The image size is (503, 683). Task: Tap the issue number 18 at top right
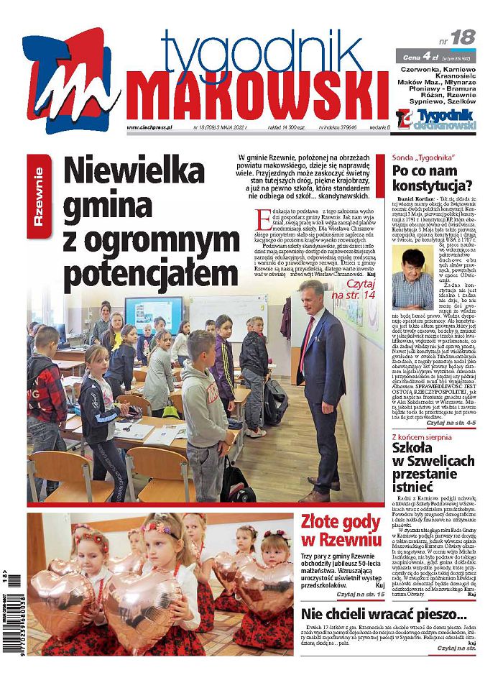tap(463, 37)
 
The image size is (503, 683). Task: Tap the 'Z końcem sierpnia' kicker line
tap(425, 436)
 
